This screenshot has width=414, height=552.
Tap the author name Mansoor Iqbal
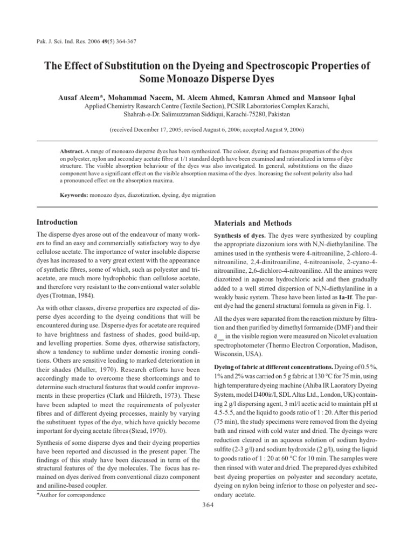(329, 98)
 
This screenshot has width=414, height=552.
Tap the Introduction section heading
(57, 222)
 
